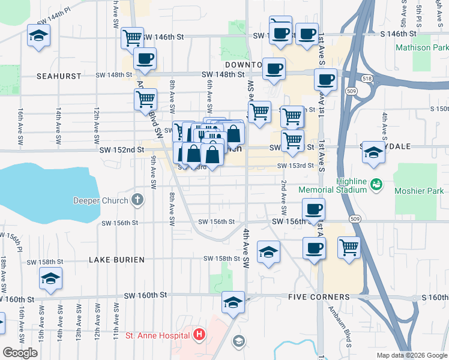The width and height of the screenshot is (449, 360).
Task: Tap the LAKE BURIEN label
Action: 116,260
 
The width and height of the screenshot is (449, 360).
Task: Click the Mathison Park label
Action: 421,47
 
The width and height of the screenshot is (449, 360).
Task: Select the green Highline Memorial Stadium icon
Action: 376,183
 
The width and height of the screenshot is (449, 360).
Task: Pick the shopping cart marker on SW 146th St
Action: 132,38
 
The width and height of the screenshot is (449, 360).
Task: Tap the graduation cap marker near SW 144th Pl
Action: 39,37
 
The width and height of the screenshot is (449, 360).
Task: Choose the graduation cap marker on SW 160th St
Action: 233,302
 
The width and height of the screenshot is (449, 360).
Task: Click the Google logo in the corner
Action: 20,353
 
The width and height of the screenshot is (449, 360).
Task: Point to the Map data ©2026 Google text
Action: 411,355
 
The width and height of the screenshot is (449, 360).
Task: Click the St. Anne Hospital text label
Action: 155,335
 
